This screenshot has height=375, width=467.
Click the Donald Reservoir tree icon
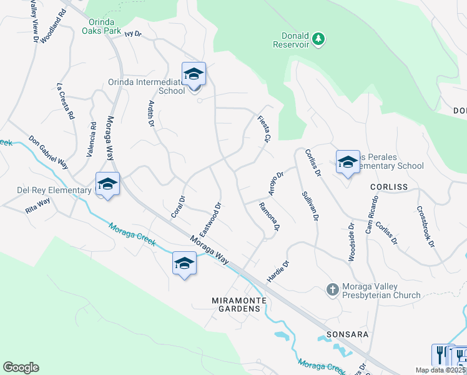click(x=319, y=39)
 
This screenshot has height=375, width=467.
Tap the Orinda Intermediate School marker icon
click(x=194, y=74)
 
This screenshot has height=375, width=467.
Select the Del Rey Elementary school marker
click(x=107, y=184)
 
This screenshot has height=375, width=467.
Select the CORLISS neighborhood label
click(x=388, y=187)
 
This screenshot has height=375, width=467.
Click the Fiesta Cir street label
click(x=264, y=128)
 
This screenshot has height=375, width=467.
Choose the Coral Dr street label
click(x=179, y=207)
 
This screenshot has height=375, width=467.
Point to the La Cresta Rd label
click(x=66, y=101)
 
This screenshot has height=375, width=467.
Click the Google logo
click(x=21, y=367)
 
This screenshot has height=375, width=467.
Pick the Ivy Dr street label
click(x=133, y=35)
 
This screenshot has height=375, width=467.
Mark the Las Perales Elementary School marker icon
click(x=348, y=162)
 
